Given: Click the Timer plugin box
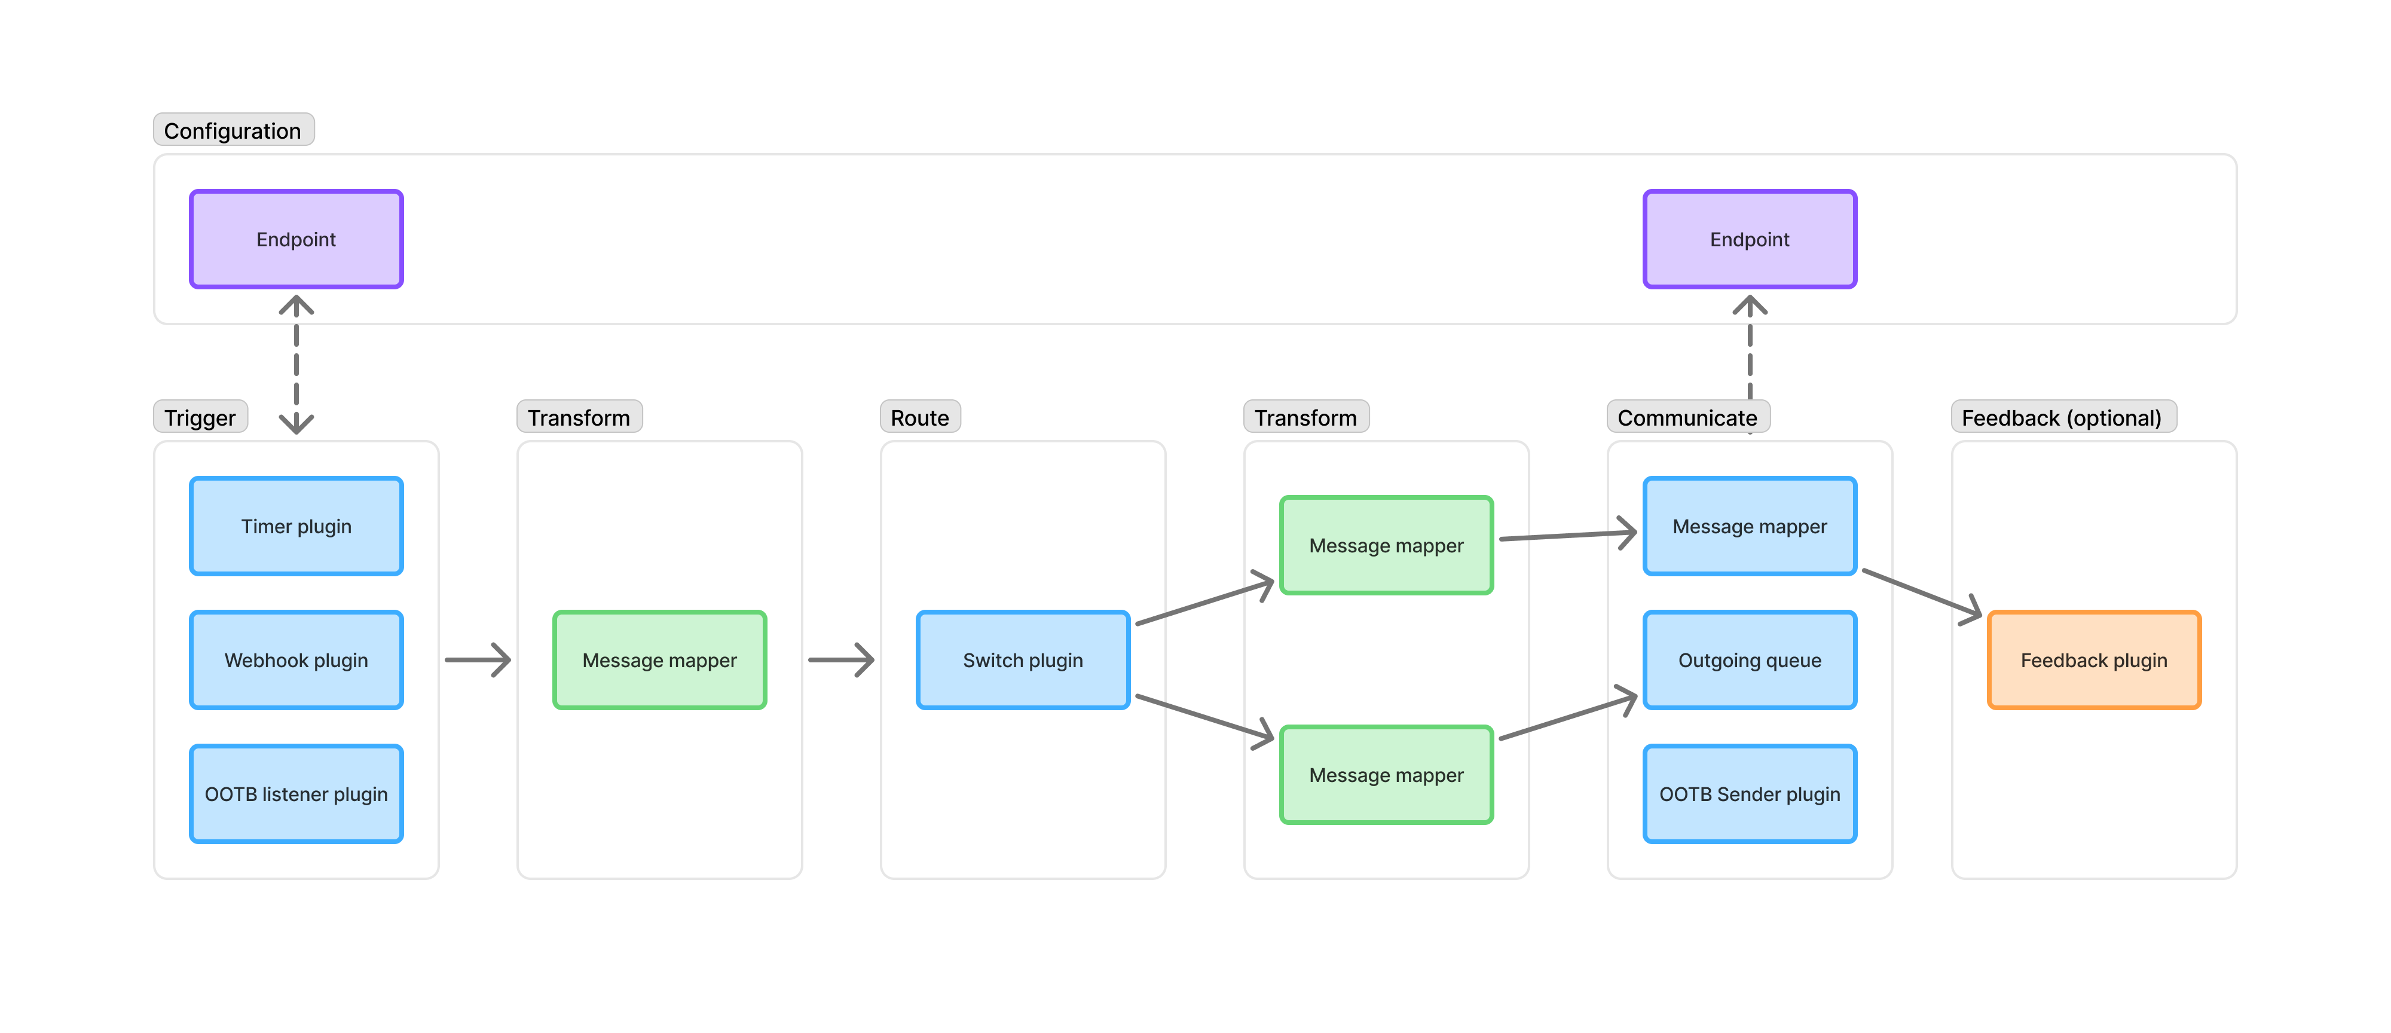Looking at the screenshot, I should pyautogui.click(x=296, y=526).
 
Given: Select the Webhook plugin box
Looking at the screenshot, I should pyautogui.click(x=296, y=660).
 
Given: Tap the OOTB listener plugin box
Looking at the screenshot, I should pyautogui.click(x=296, y=793).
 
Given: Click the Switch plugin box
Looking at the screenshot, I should pyautogui.click(x=1022, y=660).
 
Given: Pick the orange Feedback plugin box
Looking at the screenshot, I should pyautogui.click(x=2093, y=660).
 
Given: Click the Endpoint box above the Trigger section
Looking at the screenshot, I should pyautogui.click(x=296, y=240).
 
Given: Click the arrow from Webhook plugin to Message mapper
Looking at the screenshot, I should pyautogui.click(x=477, y=660).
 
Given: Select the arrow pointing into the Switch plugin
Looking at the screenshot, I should pyautogui.click(x=840, y=660).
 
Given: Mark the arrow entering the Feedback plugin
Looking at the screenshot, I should pyautogui.click(x=1921, y=595).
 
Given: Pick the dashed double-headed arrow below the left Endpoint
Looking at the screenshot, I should pyautogui.click(x=296, y=364).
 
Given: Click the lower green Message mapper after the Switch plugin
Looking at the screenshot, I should pyautogui.click(x=1386, y=775).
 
